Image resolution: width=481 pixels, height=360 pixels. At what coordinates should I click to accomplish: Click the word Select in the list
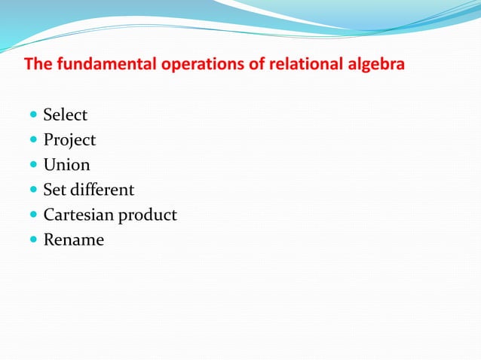coord(65,115)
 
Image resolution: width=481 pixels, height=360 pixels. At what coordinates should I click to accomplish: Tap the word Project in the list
coord(69,140)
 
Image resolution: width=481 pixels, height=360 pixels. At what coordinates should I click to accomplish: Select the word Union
coord(66,165)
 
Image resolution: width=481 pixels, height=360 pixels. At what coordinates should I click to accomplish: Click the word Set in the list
coord(54,190)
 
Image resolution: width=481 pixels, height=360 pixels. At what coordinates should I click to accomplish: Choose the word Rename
coord(73,240)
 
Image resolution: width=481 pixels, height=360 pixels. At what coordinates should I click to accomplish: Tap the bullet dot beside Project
coord(33,141)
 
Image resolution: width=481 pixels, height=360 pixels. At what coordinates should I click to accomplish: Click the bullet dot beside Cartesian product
coord(33,215)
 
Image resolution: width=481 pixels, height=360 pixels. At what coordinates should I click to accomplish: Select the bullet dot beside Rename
coord(33,240)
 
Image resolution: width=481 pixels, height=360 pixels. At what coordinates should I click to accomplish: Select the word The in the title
coord(38,64)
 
